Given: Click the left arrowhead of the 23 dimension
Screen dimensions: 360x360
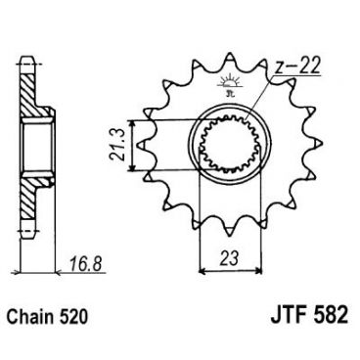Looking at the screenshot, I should (202, 267).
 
